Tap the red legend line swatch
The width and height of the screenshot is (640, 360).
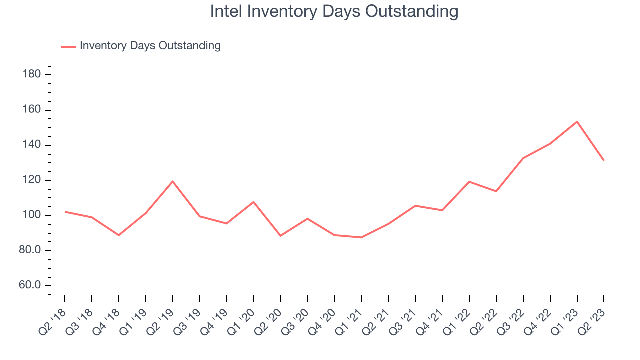click(68, 46)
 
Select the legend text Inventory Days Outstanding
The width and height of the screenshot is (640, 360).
click(150, 46)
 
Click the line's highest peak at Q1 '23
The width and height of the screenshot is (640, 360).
click(577, 121)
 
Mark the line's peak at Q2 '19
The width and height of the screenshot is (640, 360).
click(173, 181)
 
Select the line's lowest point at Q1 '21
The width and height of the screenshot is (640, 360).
click(361, 237)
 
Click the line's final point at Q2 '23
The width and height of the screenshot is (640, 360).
click(604, 160)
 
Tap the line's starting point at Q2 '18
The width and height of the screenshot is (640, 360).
click(65, 212)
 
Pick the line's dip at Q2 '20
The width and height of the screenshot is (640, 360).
click(280, 236)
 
